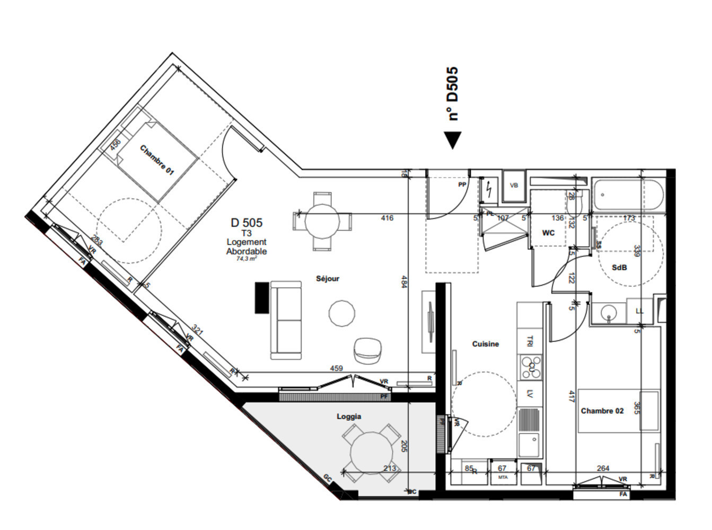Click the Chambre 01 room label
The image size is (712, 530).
tap(156, 160)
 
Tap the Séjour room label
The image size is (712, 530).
tap(327, 279)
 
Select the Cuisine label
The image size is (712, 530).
tap(485, 344)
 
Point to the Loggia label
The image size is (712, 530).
tap(349, 417)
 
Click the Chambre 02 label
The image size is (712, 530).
tap(602, 411)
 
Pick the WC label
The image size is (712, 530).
tap(548, 233)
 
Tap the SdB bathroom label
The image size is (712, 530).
tap(619, 268)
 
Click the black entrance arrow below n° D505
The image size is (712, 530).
tap(452, 140)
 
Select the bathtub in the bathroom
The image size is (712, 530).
tap(628, 195)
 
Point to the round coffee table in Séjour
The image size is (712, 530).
tap(342, 313)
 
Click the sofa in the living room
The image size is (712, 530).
tap(286, 320)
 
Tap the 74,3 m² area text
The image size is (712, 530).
tap(247, 259)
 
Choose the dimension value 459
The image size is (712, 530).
tap(336, 368)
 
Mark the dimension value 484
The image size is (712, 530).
tap(404, 281)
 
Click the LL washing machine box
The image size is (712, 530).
tap(639, 311)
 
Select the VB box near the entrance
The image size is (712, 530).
tap(513, 185)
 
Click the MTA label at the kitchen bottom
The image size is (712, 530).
tap(503, 478)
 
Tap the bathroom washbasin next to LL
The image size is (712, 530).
tap(609, 313)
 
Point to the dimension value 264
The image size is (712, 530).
tap(603, 468)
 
